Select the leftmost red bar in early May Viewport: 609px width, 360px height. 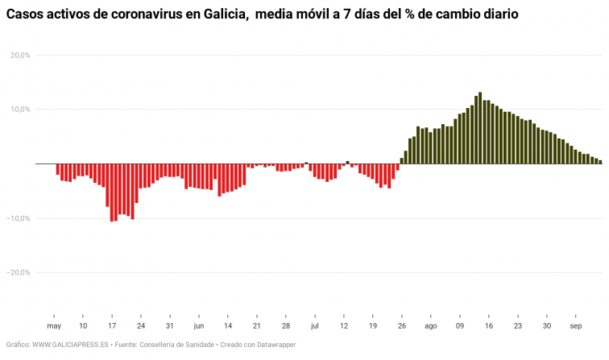click(58, 169)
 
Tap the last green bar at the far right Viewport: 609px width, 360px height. click(600, 162)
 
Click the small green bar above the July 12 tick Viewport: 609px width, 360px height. click(348, 162)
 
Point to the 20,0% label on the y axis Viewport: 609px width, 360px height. click(20, 55)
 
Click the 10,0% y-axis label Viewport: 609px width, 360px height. click(20, 110)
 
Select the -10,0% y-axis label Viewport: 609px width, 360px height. click(19, 218)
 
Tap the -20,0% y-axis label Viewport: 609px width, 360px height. click(19, 272)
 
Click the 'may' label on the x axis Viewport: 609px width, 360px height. click(54, 326)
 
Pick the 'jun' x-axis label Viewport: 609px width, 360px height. click(198, 326)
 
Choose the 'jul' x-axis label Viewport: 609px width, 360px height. click(315, 326)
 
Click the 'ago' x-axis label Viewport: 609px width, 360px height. click(431, 326)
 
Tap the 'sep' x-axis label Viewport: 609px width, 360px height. click(576, 326)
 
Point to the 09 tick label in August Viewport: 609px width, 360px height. click(460, 326)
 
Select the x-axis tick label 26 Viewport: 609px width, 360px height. click(402, 326)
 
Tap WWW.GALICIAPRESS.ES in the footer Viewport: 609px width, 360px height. click(70, 345)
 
